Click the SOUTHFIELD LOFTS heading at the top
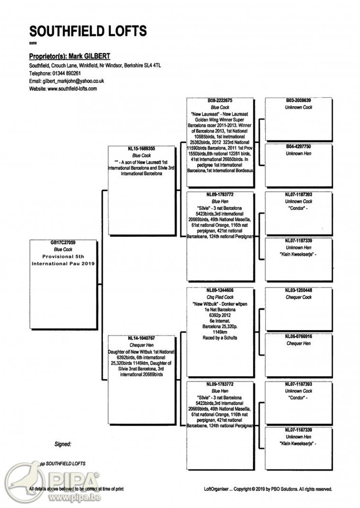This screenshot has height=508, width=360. (87, 30)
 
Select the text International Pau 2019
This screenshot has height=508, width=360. (62, 262)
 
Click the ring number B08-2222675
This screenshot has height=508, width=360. (220, 100)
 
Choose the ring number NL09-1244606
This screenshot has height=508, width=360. (220, 290)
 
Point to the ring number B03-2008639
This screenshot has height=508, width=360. (298, 100)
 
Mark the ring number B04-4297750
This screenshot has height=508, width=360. (298, 147)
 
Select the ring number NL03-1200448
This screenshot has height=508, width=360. (298, 290)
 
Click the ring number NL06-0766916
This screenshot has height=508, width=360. (298, 337)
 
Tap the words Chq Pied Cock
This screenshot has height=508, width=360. (220, 297)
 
